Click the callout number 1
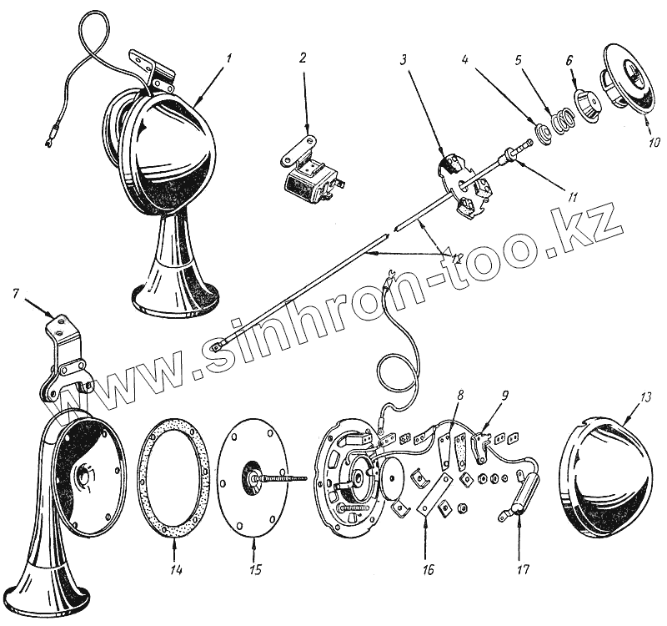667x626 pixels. coord(228,58)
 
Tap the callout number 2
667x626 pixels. coord(303,58)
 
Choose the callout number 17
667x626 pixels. coord(524,571)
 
